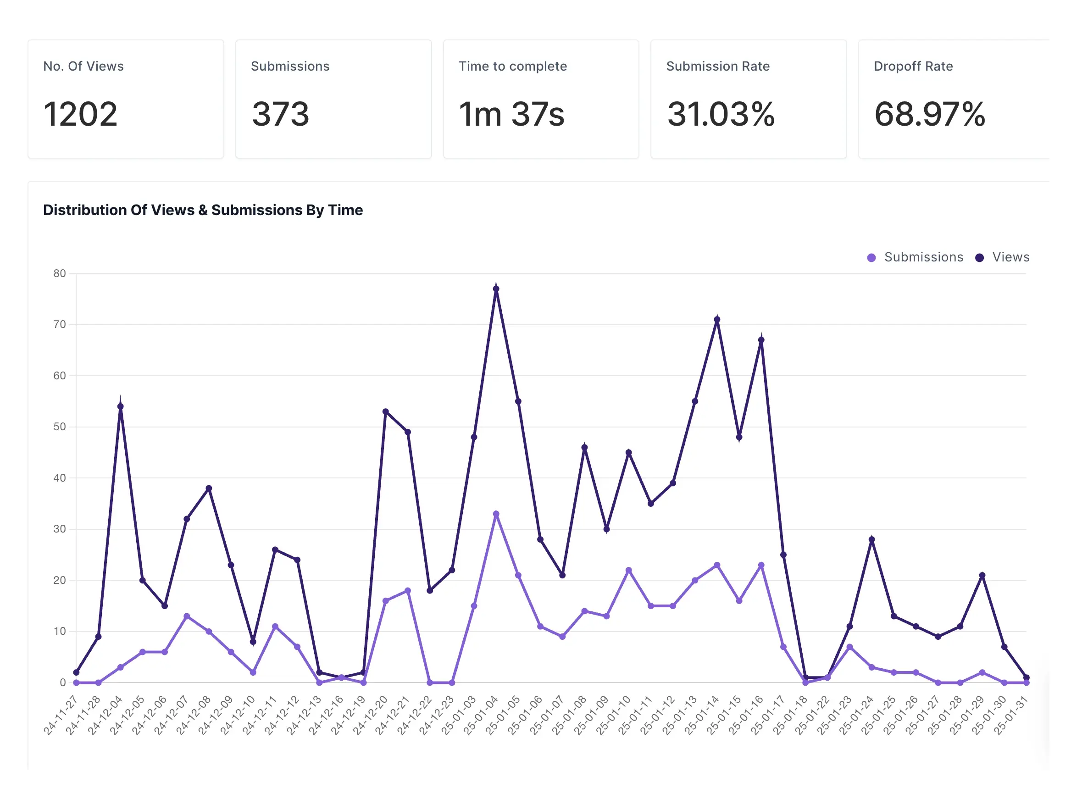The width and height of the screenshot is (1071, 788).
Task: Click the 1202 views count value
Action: [x=80, y=115]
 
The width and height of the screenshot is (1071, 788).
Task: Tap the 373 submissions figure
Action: [x=281, y=115]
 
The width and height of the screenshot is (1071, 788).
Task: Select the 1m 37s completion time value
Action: [x=511, y=115]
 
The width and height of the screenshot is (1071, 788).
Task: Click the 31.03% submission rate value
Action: [x=721, y=115]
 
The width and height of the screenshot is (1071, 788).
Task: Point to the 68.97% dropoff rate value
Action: [x=929, y=115]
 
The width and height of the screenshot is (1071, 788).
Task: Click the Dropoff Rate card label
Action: [x=913, y=67]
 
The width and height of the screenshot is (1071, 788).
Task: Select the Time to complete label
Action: [x=512, y=67]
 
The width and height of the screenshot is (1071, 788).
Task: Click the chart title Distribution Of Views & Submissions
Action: [x=203, y=210]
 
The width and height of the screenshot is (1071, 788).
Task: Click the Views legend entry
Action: [x=1004, y=257]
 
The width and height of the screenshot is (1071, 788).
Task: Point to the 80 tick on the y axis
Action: [x=60, y=273]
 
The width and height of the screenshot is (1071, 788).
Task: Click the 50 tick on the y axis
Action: [x=60, y=427]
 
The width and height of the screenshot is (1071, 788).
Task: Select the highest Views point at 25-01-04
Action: [x=496, y=289]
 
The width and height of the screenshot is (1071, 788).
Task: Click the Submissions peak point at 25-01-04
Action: [x=496, y=514]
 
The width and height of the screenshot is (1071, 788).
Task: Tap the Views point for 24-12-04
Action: [x=120, y=406]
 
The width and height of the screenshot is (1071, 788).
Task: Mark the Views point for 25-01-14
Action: [x=717, y=320]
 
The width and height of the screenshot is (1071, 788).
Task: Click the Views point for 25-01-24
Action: [x=871, y=539]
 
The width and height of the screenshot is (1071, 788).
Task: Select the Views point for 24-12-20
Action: [x=385, y=411]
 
